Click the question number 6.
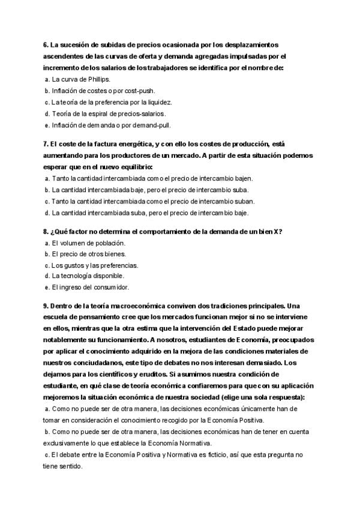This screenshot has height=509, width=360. pos(46,45)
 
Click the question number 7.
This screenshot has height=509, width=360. pos(46,144)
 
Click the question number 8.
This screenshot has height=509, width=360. pos(46,232)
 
